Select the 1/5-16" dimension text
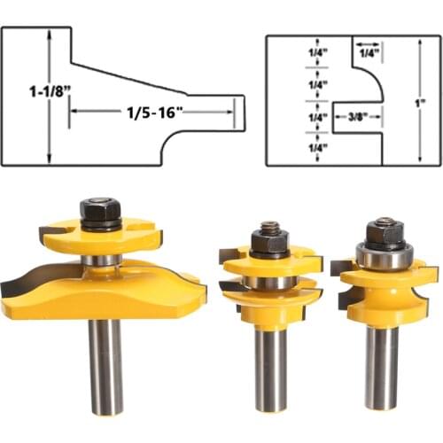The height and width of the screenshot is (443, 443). pyautogui.click(x=152, y=112)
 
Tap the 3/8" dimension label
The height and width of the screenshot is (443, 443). pyautogui.click(x=357, y=116)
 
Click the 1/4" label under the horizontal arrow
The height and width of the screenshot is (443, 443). pyautogui.click(x=368, y=54)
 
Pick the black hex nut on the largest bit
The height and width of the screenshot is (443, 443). pyautogui.click(x=100, y=212)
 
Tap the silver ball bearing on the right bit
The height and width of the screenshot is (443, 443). pyautogui.click(x=384, y=257)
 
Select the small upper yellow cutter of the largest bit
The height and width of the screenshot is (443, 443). pyautogui.click(x=100, y=238)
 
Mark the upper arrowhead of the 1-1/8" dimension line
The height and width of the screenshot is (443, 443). pyautogui.click(x=50, y=34)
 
